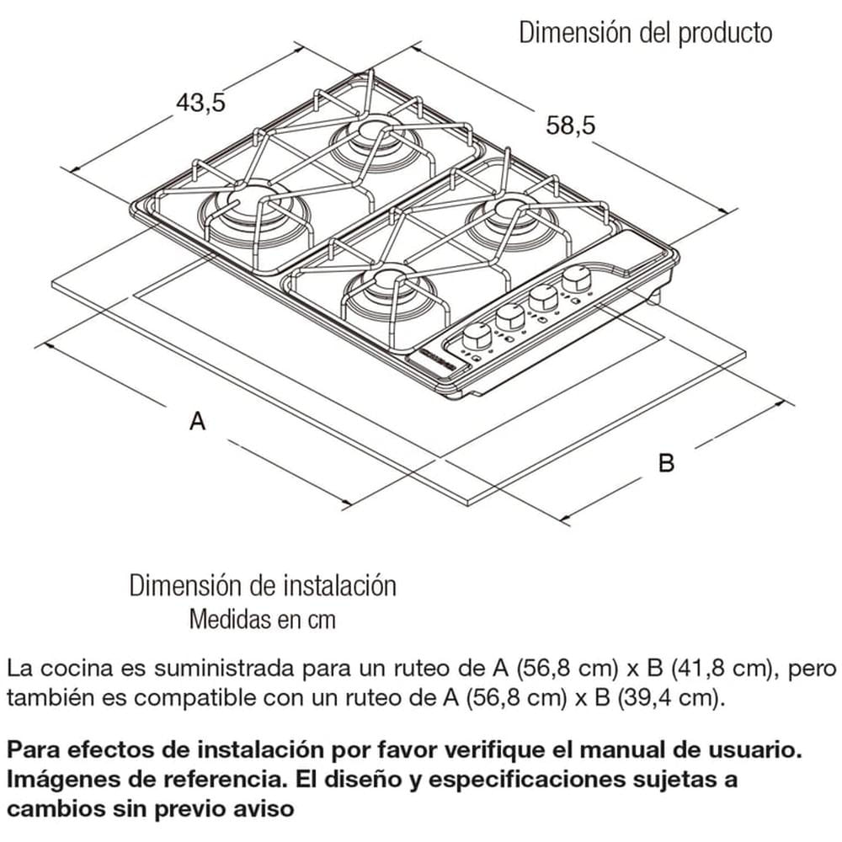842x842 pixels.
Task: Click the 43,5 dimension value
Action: [x=200, y=103]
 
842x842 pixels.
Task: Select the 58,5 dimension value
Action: [x=570, y=125]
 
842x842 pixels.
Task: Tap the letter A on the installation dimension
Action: [x=197, y=421]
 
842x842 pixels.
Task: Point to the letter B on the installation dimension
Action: [x=666, y=462]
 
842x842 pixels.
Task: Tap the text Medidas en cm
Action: [x=262, y=621]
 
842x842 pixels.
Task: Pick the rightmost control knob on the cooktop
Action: [x=577, y=279]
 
